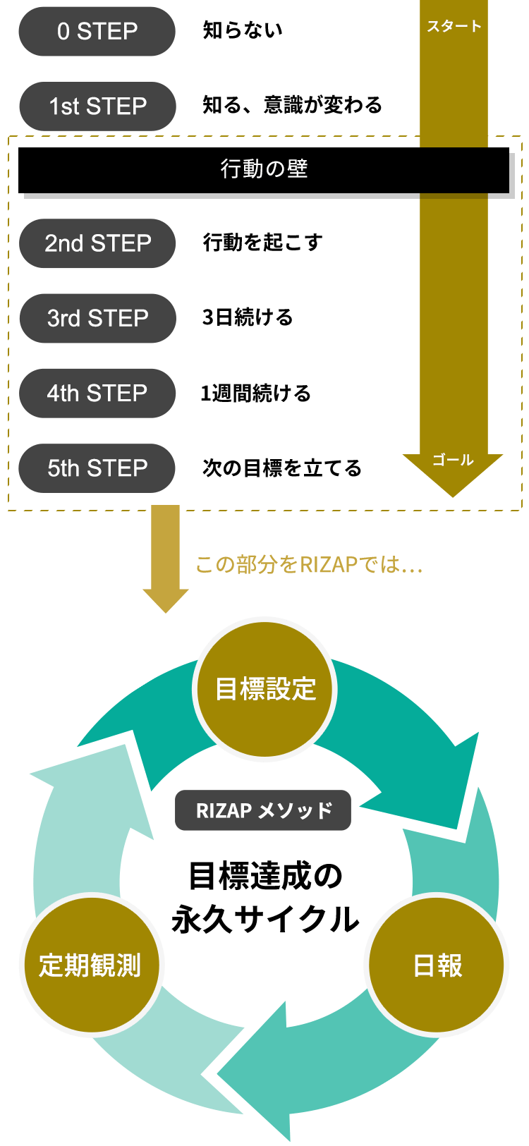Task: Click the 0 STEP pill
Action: pos(97,32)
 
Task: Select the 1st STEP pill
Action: pos(97,106)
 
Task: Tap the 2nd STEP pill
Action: pos(97,243)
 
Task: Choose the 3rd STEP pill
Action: pos(97,318)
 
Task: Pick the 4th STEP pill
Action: pos(97,393)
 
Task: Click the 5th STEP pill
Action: pos(97,468)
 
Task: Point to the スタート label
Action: pos(454,27)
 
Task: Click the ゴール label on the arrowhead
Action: pos(453,460)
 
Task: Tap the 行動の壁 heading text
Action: pos(264,169)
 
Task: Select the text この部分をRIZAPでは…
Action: pos(308,564)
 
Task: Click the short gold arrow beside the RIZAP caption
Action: pos(166,557)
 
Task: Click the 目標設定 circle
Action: pos(264,689)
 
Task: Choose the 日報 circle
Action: pos(437,965)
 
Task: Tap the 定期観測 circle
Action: pos(91,965)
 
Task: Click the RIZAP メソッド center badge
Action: pos(263,810)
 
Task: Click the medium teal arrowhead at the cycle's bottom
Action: pos(261,1072)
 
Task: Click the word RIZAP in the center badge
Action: pos(224,811)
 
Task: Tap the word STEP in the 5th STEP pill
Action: pos(117,468)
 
